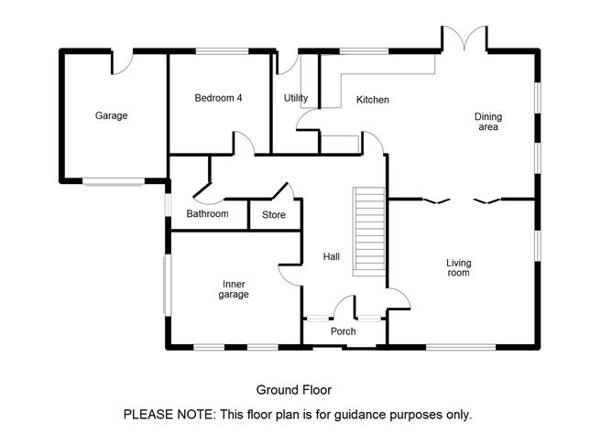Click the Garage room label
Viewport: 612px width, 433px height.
click(111, 116)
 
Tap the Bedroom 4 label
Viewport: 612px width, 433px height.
click(218, 98)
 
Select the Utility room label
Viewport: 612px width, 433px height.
click(295, 98)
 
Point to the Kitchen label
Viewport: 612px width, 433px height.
click(372, 100)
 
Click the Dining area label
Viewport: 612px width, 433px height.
click(488, 122)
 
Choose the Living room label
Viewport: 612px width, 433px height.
click(459, 267)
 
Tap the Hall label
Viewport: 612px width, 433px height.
click(332, 256)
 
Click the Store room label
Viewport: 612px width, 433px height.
click(274, 214)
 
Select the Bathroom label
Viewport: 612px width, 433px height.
click(207, 214)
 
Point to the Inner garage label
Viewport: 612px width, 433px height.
click(234, 289)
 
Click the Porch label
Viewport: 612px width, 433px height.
click(343, 331)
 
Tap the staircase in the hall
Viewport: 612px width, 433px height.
click(369, 232)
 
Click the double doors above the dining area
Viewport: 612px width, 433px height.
click(464, 38)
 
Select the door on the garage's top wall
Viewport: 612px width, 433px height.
click(122, 62)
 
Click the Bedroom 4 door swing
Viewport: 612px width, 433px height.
click(244, 143)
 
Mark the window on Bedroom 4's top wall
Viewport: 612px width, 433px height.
click(222, 51)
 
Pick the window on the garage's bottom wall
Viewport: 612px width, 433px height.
click(114, 181)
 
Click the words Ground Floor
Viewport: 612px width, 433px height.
click(294, 390)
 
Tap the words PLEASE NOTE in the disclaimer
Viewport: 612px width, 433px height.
click(169, 414)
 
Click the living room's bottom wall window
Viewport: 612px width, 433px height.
click(461, 347)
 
